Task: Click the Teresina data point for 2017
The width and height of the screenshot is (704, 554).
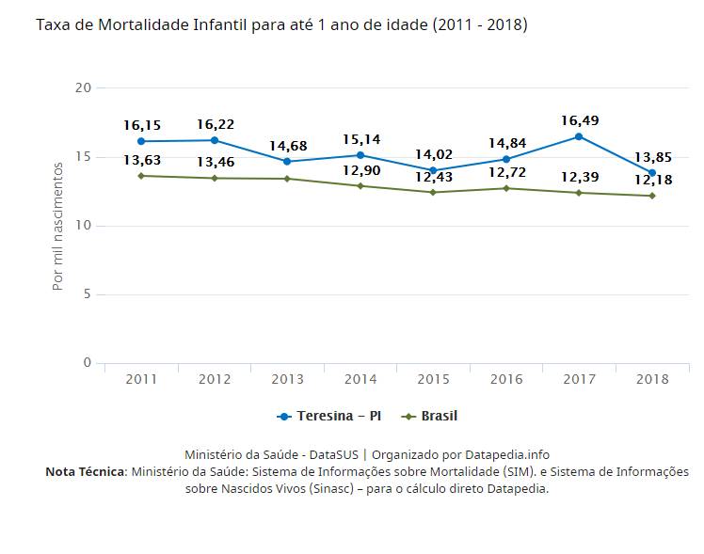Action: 579,136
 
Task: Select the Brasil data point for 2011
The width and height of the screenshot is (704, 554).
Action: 141,176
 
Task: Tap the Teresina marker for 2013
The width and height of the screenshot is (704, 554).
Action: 287,161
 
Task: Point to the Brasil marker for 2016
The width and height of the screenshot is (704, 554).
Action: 506,188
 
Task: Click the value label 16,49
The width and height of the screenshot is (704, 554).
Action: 579,120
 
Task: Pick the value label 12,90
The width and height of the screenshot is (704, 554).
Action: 360,170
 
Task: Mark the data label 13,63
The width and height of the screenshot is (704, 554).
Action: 141,160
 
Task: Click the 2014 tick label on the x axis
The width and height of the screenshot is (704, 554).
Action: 360,379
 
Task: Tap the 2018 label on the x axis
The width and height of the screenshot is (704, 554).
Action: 652,379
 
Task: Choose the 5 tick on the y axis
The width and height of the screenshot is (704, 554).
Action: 88,294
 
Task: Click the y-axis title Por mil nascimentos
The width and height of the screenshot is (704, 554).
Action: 58,226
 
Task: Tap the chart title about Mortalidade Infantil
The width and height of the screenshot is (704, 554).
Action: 281,24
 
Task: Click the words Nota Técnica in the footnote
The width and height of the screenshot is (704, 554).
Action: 85,471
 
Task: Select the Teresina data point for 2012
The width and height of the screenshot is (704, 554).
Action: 215,140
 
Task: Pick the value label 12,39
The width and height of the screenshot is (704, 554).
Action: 579,177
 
